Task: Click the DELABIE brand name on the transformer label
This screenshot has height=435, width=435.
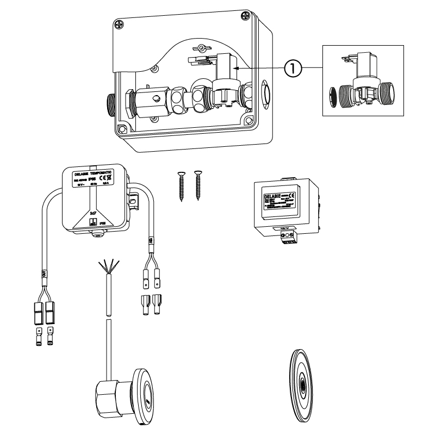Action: (272, 196)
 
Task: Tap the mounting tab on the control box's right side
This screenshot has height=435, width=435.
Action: (135, 190)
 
